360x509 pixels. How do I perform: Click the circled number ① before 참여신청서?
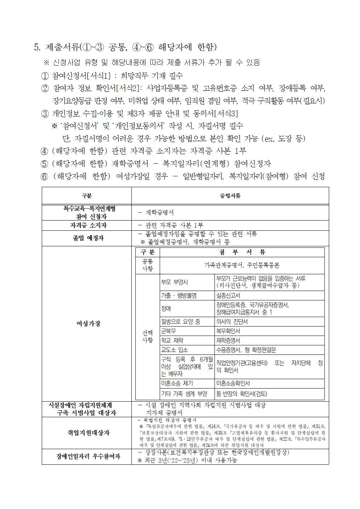tap(45, 76)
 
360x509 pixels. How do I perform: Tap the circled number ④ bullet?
tap(45, 151)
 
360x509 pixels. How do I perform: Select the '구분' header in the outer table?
tap(87, 196)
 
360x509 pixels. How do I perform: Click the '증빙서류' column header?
tap(230, 196)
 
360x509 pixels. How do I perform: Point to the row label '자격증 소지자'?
tap(87, 225)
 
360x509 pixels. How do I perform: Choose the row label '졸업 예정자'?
tap(87, 238)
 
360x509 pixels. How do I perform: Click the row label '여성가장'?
tap(87, 324)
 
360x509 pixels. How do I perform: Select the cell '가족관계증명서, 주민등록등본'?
tap(242, 266)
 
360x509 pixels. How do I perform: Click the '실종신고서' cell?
tap(228, 295)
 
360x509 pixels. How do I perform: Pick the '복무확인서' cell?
tap(228, 331)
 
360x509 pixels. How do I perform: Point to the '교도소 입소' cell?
tap(175, 350)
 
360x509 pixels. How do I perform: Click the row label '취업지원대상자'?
tap(87, 433)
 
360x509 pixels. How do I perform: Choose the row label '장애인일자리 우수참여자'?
tap(87, 456)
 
